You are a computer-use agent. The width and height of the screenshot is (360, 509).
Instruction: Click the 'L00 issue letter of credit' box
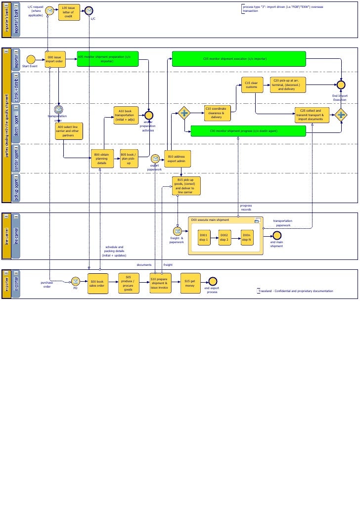69,12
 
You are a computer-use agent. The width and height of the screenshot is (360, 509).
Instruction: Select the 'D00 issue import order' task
55,60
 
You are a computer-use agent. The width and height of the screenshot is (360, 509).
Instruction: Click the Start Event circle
31,59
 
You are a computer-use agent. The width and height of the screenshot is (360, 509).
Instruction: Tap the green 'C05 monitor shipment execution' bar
238,59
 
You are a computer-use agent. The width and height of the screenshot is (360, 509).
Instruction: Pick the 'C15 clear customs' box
252,85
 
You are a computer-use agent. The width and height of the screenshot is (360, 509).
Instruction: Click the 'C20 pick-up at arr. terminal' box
288,85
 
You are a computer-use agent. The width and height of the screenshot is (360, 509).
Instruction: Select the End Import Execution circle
341,85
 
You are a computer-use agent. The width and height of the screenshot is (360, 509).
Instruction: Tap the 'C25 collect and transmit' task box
311,115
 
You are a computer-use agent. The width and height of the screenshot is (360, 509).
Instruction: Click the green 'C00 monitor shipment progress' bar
248,131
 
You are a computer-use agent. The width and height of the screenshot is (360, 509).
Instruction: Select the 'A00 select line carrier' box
69,131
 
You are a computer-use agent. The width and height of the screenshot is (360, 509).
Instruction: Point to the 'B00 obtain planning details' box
102,159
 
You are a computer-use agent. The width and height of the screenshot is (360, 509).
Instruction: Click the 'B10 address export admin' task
177,159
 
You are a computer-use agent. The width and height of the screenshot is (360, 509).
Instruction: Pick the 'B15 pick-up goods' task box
186,186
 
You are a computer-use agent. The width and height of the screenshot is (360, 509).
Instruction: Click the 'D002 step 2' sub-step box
225,238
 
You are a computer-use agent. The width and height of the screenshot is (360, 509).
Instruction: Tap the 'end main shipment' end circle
277,236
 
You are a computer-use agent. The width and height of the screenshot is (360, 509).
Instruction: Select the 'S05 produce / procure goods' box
129,283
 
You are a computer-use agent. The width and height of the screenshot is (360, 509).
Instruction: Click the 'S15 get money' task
190,283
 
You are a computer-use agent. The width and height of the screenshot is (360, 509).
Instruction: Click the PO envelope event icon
75,281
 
